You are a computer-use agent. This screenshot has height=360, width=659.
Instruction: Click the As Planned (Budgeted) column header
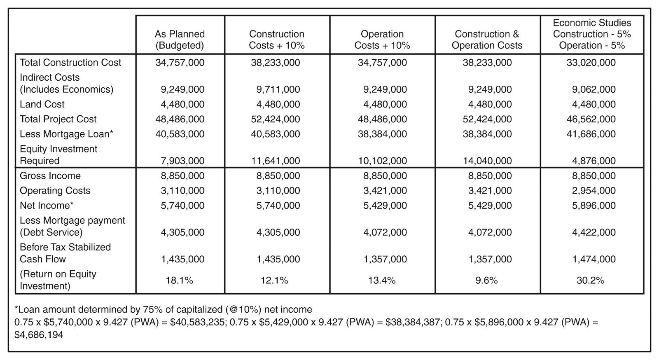click(x=180, y=40)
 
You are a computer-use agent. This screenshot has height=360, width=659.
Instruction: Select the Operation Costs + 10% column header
click(x=382, y=40)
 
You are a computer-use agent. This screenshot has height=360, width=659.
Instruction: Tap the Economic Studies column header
click(x=592, y=34)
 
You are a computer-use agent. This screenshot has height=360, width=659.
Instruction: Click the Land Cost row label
click(x=42, y=104)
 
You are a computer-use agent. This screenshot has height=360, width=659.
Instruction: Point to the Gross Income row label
click(x=50, y=175)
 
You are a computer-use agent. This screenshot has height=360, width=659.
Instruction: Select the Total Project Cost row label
click(x=58, y=119)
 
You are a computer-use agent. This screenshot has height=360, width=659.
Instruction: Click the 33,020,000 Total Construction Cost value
click(x=591, y=63)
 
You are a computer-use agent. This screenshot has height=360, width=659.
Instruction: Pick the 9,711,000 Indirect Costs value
click(x=278, y=89)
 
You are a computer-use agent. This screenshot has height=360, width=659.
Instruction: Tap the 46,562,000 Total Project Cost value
click(x=591, y=119)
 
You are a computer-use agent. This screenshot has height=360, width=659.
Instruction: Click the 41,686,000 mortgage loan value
click(x=591, y=134)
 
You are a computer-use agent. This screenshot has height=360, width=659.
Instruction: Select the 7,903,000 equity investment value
click(x=182, y=161)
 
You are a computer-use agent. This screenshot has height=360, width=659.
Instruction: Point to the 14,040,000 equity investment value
click(x=487, y=161)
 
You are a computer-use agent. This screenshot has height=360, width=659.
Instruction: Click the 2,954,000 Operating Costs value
click(x=594, y=191)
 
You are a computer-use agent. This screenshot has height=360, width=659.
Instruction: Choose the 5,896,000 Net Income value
click(x=594, y=206)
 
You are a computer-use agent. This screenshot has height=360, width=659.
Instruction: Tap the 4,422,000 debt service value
click(x=594, y=232)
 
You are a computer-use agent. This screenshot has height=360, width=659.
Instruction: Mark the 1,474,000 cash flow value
click(x=594, y=259)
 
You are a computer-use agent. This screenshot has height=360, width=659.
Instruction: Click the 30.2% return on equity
click(x=590, y=280)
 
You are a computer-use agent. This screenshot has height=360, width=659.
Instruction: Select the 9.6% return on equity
click(x=486, y=280)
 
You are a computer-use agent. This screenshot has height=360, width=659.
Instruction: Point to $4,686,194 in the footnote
click(x=39, y=335)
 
